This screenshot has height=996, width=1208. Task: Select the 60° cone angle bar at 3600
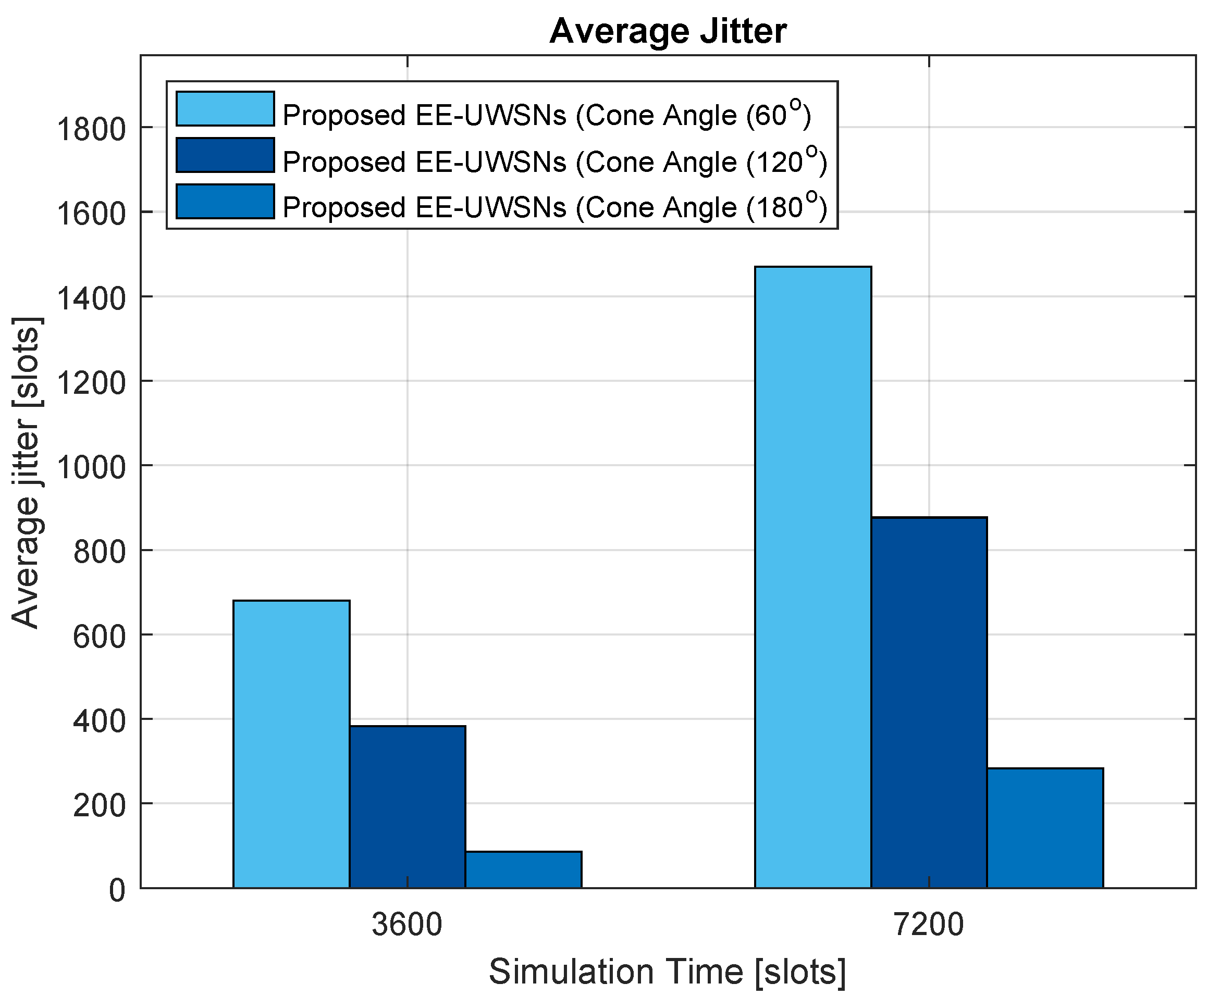pyautogui.click(x=291, y=743)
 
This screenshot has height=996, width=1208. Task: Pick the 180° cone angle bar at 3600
pyautogui.click(x=523, y=869)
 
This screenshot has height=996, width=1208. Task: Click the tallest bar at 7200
pyautogui.click(x=812, y=577)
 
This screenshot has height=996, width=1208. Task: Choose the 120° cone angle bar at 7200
pyautogui.click(x=929, y=702)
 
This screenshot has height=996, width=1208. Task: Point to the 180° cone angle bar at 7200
pyautogui.click(x=1044, y=827)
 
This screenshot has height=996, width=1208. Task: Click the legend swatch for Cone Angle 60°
pyautogui.click(x=225, y=109)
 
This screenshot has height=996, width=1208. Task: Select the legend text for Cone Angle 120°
pyautogui.click(x=554, y=162)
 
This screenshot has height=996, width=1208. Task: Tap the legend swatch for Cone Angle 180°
pyautogui.click(x=225, y=202)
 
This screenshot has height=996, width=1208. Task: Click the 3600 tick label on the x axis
pyautogui.click(x=407, y=925)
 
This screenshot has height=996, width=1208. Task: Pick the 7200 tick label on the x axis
pyautogui.click(x=929, y=925)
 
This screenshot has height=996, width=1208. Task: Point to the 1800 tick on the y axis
pyautogui.click(x=90, y=130)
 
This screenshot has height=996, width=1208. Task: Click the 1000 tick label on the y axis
pyautogui.click(x=90, y=468)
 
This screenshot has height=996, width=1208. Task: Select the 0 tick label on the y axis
pyautogui.click(x=117, y=890)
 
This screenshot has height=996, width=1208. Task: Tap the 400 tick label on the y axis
pyautogui.click(x=98, y=721)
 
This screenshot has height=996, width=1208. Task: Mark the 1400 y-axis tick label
pyautogui.click(x=90, y=298)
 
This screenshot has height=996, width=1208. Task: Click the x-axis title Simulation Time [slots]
pyautogui.click(x=668, y=972)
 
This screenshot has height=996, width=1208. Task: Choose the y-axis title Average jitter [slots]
pyautogui.click(x=26, y=471)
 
